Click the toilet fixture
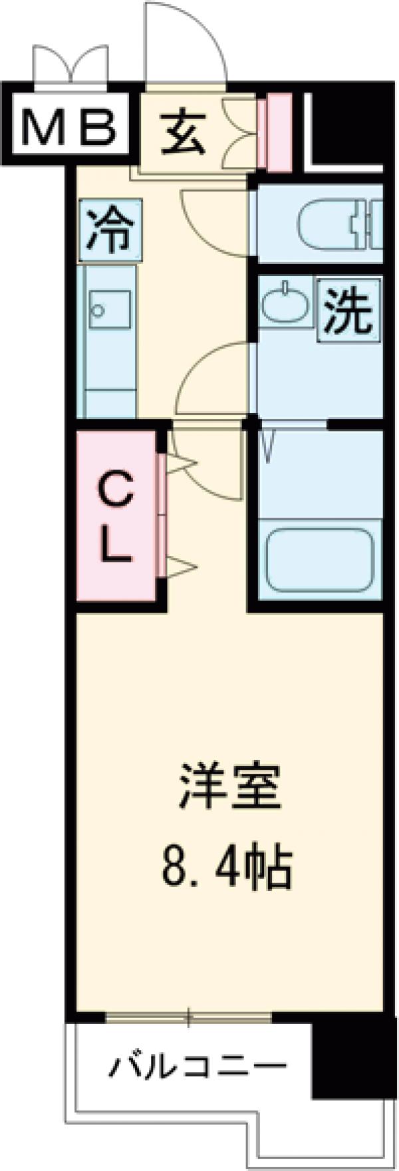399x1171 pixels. (x=339, y=226)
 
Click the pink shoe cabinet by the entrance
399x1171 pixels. (x=274, y=132)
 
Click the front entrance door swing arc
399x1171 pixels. (x=186, y=40)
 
